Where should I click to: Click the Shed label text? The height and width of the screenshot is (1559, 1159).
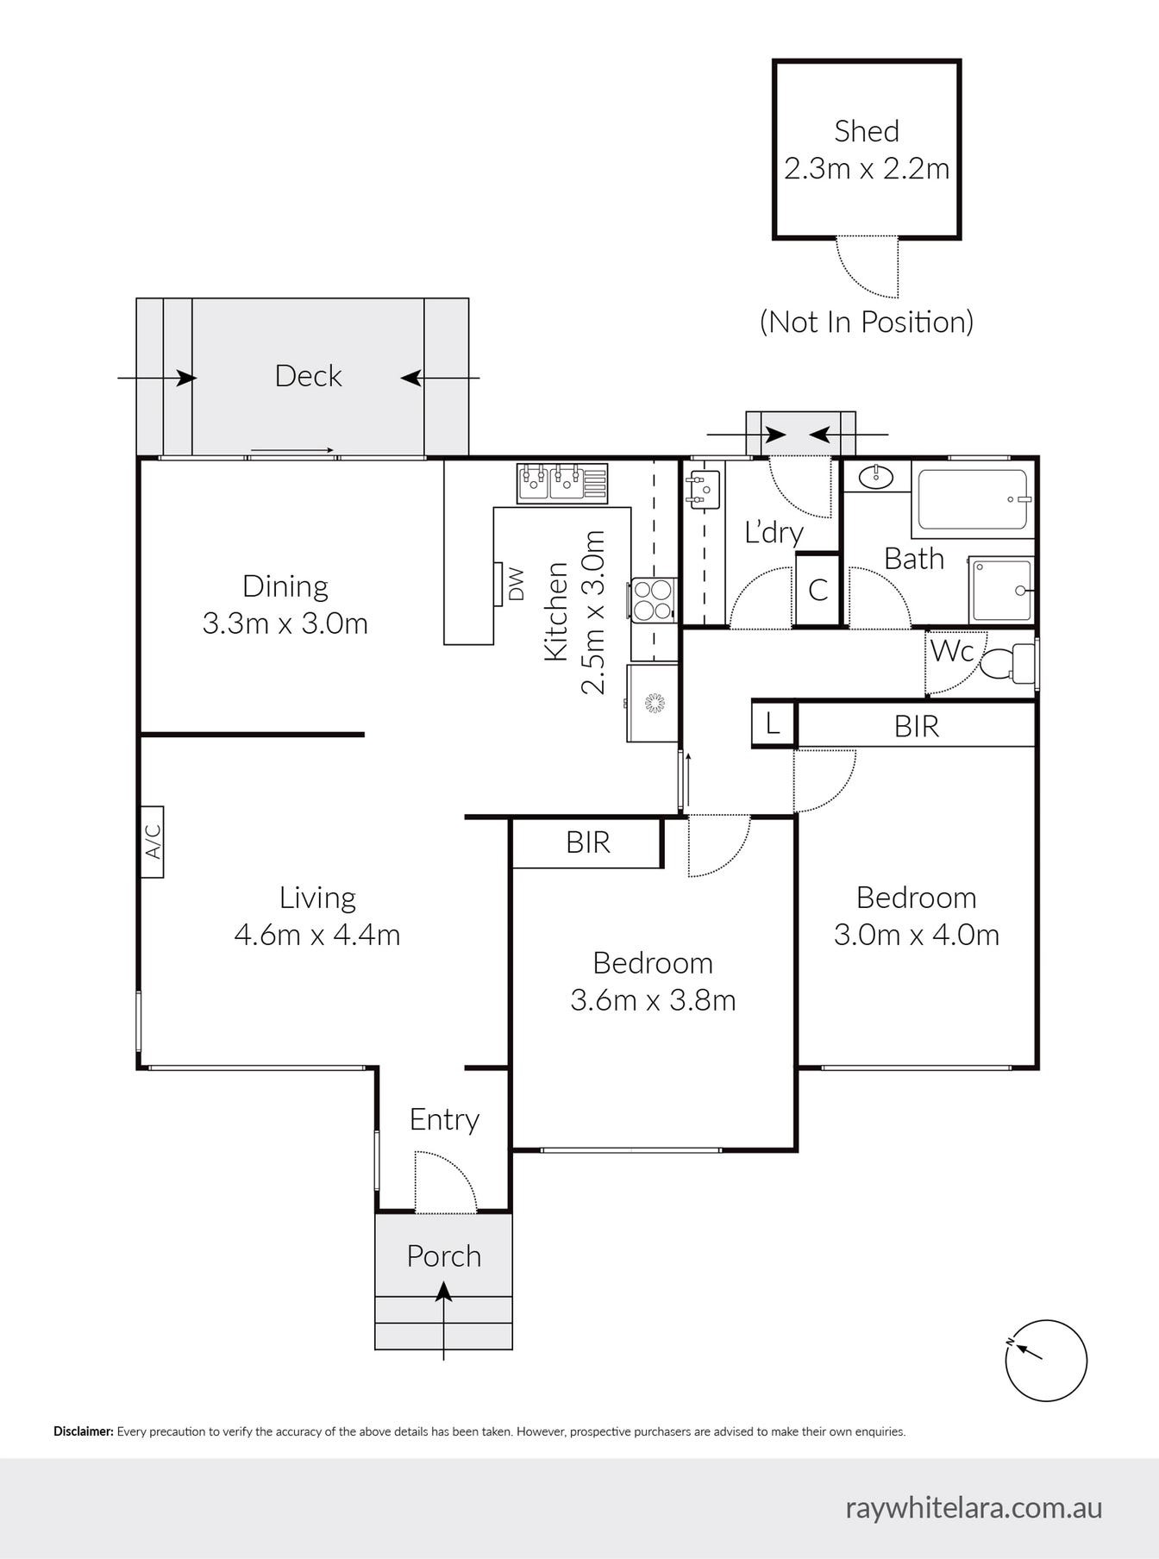coord(866,131)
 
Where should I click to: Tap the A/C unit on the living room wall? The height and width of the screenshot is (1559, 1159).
coord(152,842)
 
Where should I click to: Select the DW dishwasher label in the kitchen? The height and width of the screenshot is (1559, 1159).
coord(516,584)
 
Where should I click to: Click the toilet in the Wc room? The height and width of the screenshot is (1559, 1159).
coord(1006,664)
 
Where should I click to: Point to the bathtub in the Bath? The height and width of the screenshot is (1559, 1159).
coord(972,499)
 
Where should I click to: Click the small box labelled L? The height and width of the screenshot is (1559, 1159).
coord(773,723)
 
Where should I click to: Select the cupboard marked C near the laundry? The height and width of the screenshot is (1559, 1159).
coord(818,590)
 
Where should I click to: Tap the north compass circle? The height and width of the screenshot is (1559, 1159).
coord(1045,1361)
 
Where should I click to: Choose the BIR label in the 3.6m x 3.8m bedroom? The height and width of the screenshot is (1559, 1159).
coord(587,842)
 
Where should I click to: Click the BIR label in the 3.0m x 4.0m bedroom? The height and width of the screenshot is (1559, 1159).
coord(916,726)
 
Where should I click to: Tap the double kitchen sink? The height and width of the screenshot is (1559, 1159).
coord(561,483)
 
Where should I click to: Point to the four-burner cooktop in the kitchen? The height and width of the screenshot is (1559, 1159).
coord(653,600)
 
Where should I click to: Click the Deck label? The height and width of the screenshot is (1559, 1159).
coord(308,376)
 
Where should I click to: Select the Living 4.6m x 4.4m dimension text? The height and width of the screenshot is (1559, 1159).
coord(316,935)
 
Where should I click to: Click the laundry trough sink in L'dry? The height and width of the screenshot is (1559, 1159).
coord(703,488)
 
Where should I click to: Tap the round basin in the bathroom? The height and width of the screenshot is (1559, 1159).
coord(877,476)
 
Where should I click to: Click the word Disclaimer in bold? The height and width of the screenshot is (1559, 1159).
coord(83,1431)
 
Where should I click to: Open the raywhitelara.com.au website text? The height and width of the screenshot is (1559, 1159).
coord(973,1507)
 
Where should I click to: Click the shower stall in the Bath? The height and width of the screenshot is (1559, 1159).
coord(1000,590)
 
